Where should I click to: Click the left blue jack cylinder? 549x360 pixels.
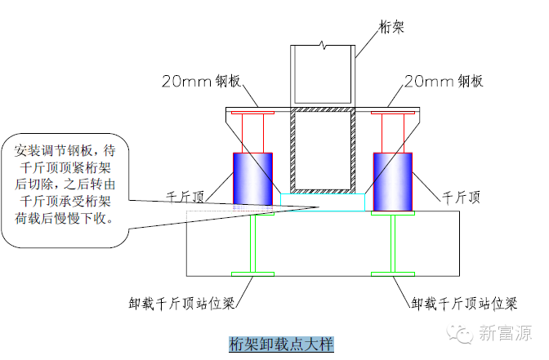click(x=253, y=178)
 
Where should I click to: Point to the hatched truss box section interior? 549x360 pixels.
click(x=324, y=151)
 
